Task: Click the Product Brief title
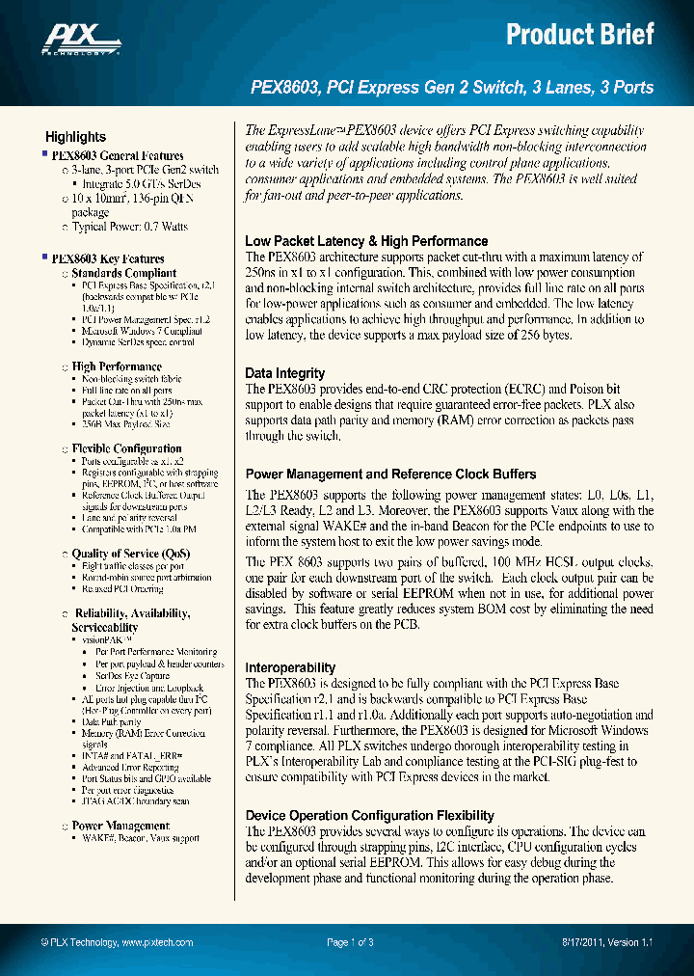(x=580, y=35)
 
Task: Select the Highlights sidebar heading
(x=75, y=137)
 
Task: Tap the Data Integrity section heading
(x=285, y=373)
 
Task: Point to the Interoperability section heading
(x=290, y=667)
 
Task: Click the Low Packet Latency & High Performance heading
(x=366, y=241)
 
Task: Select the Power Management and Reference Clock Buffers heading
(x=390, y=474)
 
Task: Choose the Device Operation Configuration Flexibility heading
(x=369, y=815)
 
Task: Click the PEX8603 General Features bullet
(x=117, y=155)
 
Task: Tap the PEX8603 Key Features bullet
(x=107, y=258)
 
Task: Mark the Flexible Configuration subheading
(x=126, y=448)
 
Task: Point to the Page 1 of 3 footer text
(x=350, y=942)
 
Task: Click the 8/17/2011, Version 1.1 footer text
(x=607, y=942)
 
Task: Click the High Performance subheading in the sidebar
(x=117, y=366)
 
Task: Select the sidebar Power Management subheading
(x=120, y=826)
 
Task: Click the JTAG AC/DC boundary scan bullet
(x=136, y=801)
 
